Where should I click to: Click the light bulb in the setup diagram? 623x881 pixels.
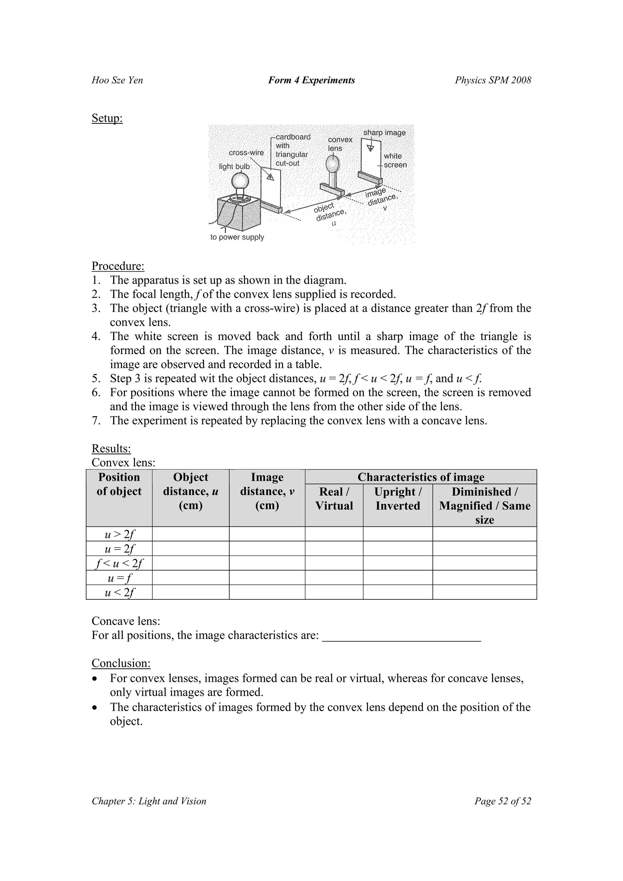(240, 181)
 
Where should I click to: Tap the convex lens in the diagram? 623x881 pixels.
(332, 165)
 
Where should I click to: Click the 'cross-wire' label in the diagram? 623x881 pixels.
(246, 153)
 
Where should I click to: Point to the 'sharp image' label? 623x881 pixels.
(384, 133)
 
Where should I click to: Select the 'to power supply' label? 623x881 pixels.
(237, 237)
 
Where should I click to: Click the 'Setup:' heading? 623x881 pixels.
(107, 118)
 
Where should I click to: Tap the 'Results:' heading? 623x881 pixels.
(111, 448)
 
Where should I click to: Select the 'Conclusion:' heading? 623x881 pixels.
(121, 663)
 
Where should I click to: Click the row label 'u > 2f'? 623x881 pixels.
(119, 534)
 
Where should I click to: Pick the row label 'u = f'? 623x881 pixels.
(119, 578)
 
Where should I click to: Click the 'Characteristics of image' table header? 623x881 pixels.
(421, 477)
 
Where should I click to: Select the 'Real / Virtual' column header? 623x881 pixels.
(334, 498)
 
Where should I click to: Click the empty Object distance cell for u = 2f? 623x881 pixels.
(190, 548)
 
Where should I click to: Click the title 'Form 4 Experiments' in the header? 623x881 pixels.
(311, 80)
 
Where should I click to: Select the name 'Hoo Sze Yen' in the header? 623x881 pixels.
(117, 80)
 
